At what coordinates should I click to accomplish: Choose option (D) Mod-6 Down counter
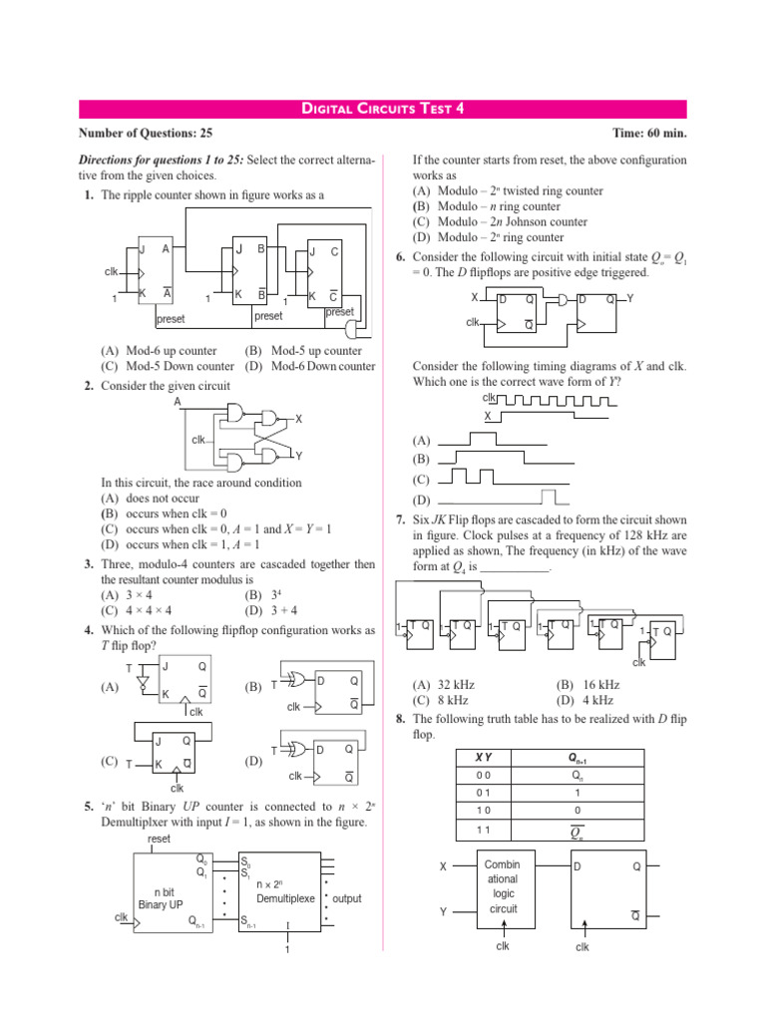[x=309, y=366]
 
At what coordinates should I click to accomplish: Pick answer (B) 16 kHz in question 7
[x=587, y=685]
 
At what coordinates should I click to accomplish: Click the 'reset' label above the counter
[x=159, y=840]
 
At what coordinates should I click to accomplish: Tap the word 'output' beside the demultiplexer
[x=347, y=898]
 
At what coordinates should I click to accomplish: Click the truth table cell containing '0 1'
[x=483, y=792]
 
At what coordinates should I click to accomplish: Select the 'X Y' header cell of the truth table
[x=483, y=758]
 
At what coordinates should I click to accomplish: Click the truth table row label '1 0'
[x=483, y=810]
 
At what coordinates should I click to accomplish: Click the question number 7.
[x=399, y=520]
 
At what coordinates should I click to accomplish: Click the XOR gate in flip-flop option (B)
[x=296, y=680]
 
